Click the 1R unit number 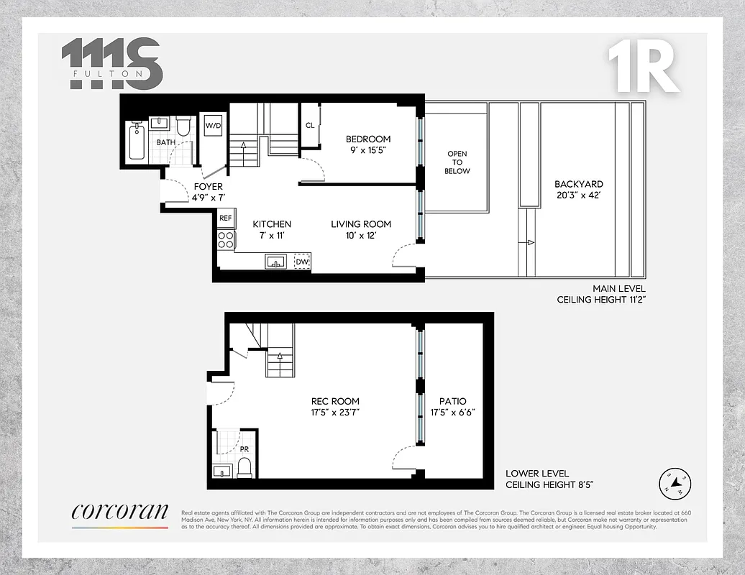point(643,68)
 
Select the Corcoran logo point(119,512)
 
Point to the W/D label point(214,126)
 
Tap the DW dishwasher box point(302,262)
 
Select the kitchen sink point(276,262)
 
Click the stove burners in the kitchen point(226,239)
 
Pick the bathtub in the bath point(137,142)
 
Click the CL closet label point(310,125)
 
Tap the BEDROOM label point(368,139)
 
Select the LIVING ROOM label point(361,224)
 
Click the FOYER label point(209,187)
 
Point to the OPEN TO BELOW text point(457,162)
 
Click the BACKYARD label point(579,184)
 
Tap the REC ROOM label point(335,401)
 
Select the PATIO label point(452,401)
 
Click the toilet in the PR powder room point(244,468)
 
